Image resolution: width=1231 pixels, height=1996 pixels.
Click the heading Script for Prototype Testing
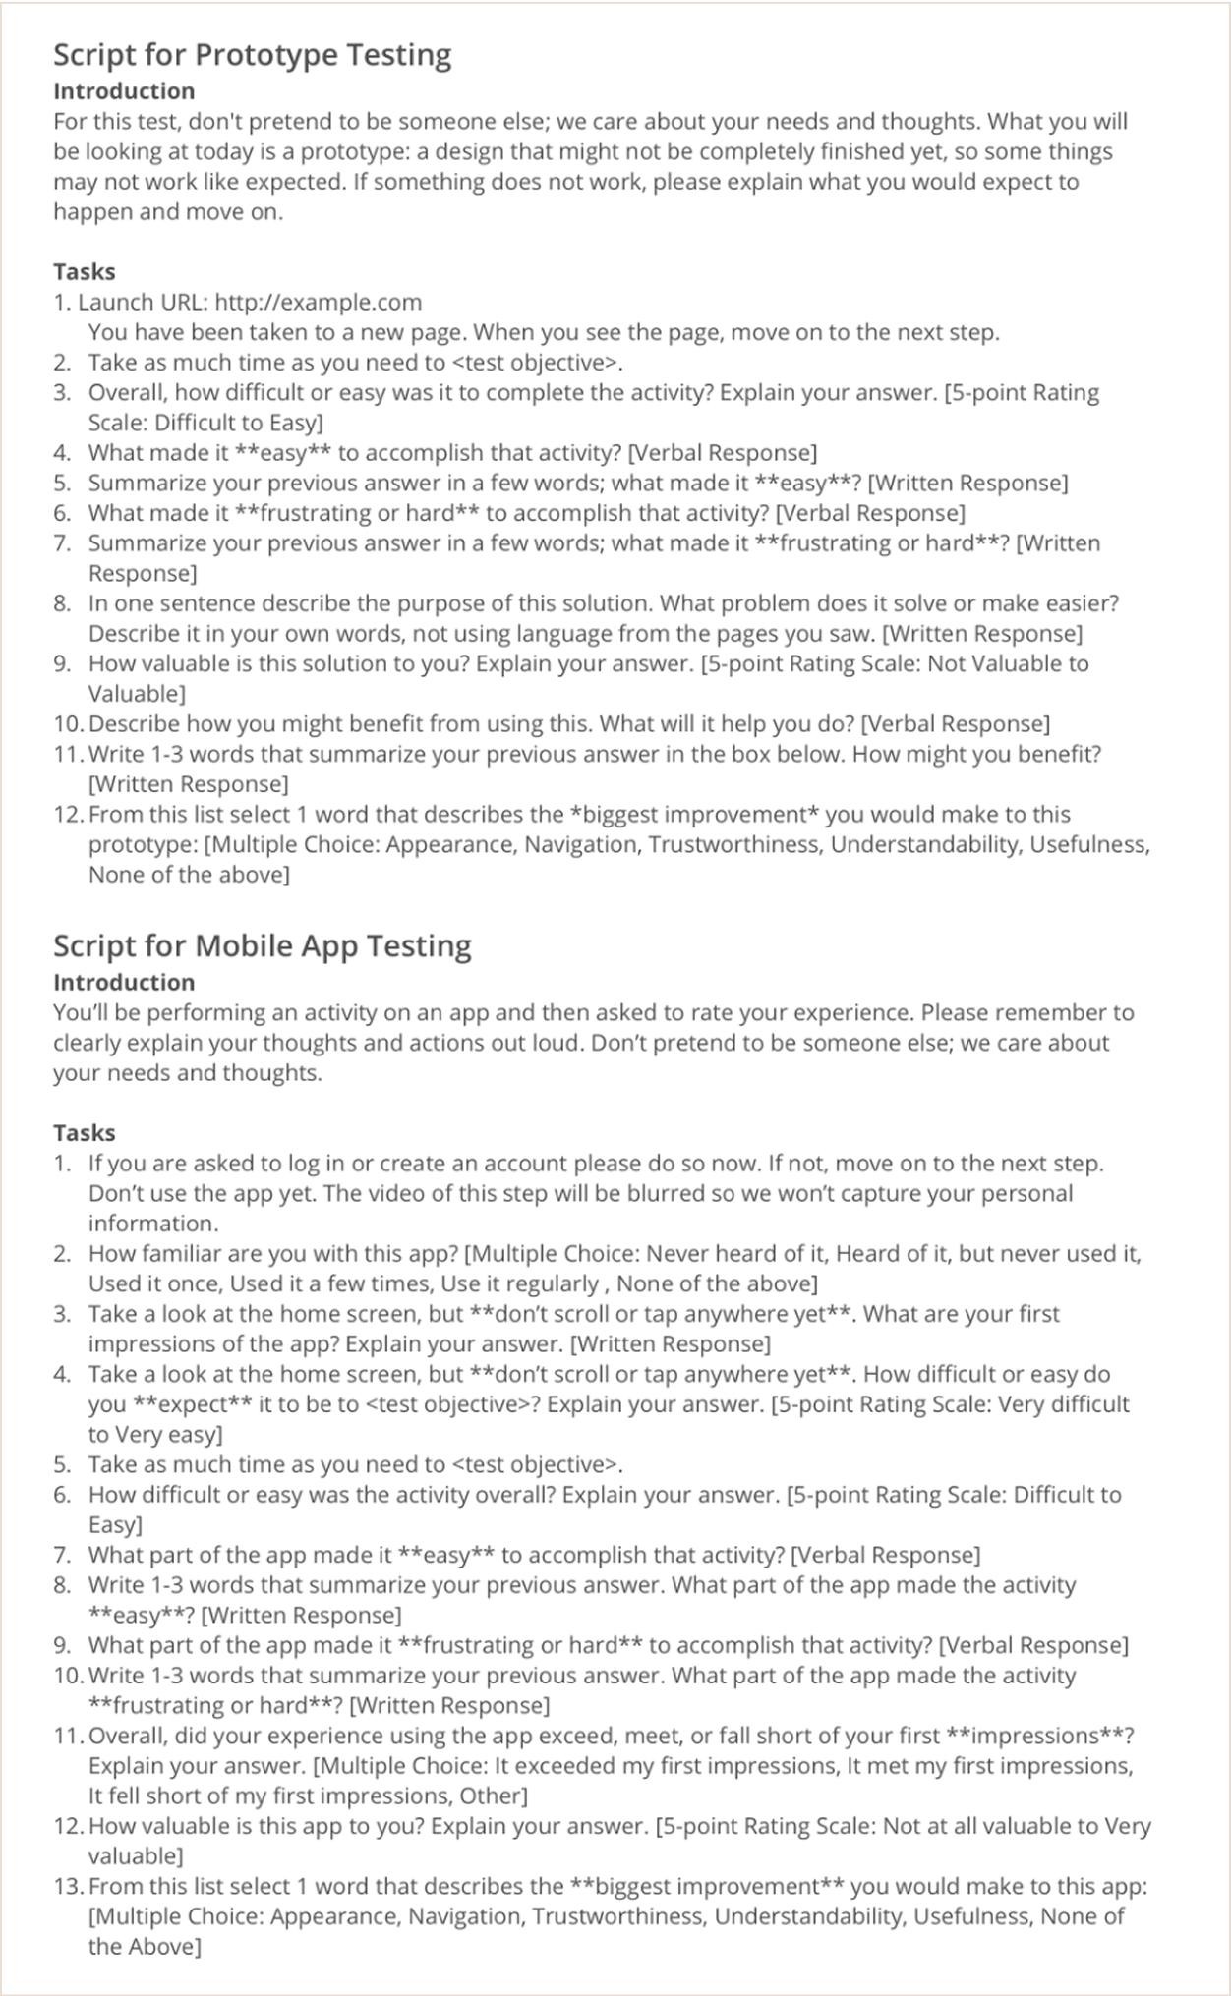click(x=252, y=55)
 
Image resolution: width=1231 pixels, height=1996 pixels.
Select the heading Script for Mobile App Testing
click(x=262, y=945)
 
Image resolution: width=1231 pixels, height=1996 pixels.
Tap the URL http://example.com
click(x=318, y=303)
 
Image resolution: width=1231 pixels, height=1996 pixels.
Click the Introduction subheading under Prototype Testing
click(x=124, y=91)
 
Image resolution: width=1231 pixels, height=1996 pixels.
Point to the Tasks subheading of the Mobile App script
click(x=85, y=1133)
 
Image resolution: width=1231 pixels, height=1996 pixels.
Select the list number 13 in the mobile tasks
click(x=67, y=1886)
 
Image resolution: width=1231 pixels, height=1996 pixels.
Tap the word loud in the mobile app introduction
click(x=557, y=1043)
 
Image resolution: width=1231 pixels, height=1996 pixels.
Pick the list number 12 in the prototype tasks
click(x=67, y=815)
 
